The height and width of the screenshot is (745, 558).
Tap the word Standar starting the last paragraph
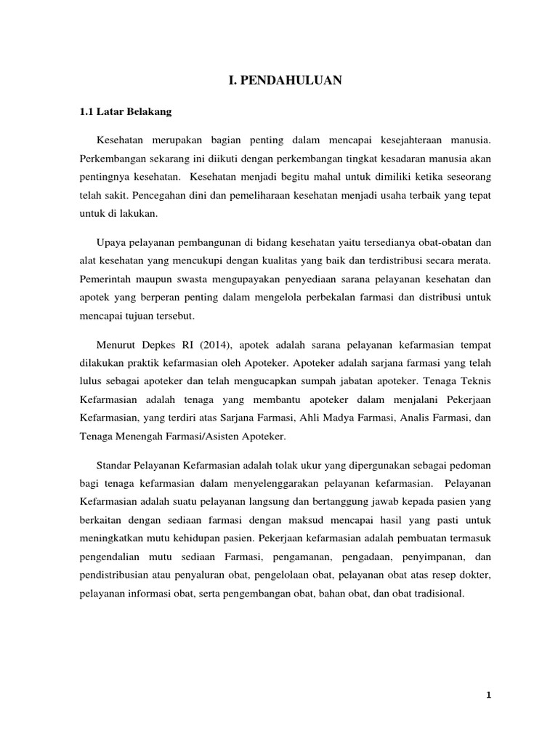tap(113, 464)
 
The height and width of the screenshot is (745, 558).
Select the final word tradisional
tap(436, 594)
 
